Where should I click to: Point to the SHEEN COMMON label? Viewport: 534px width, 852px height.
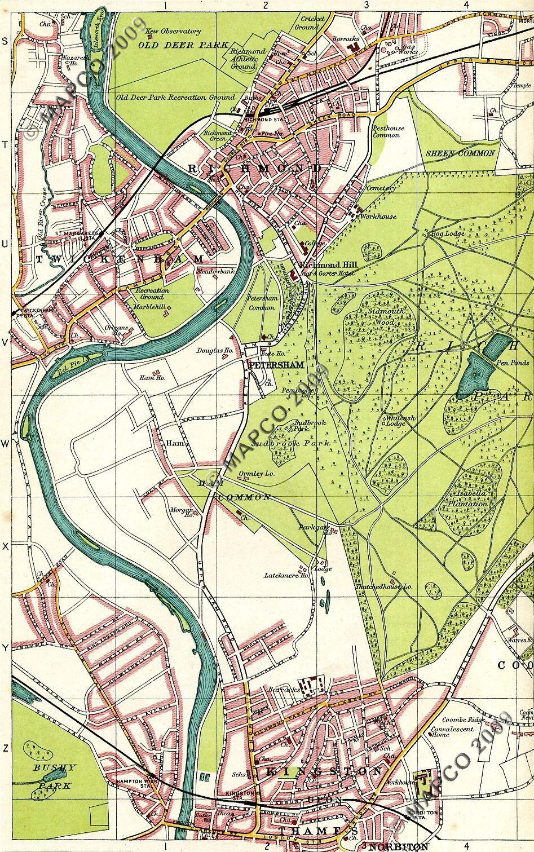pos(460,153)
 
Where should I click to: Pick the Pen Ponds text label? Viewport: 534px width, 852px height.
pos(510,364)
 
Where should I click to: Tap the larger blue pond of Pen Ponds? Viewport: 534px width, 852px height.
pos(473,381)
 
